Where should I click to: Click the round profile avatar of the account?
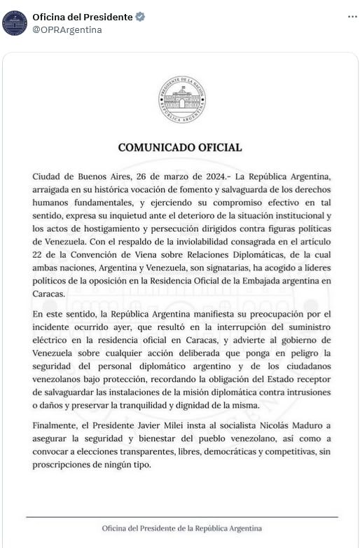(15, 23)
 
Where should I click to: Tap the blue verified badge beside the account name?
(139, 17)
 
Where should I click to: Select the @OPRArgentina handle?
(67, 30)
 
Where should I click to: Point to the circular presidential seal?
(181, 100)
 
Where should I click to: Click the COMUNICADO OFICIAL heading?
(180, 148)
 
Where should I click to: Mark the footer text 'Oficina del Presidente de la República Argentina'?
(181, 528)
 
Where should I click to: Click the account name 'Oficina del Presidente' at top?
(82, 17)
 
